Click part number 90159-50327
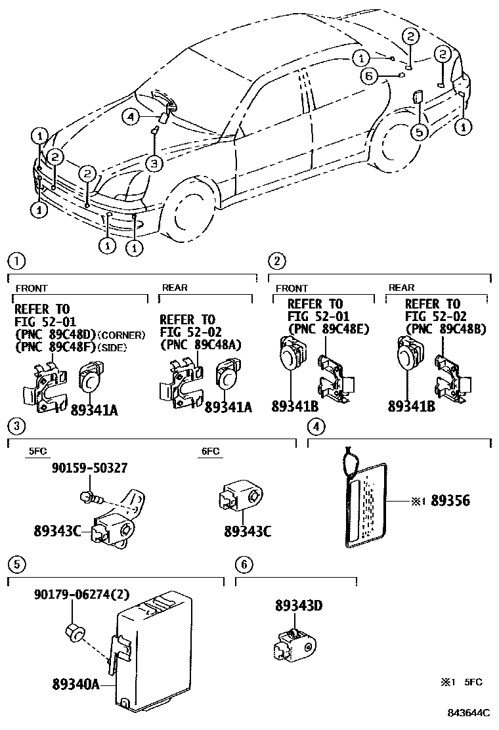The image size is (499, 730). tap(89, 468)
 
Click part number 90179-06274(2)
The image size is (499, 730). tap(81, 595)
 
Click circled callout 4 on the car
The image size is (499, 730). tap(131, 117)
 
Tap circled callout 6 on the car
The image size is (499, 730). tap(368, 77)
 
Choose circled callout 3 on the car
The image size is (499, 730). tap(153, 163)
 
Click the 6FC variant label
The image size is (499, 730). tap(209, 452)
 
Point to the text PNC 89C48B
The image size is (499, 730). tap(446, 329)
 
